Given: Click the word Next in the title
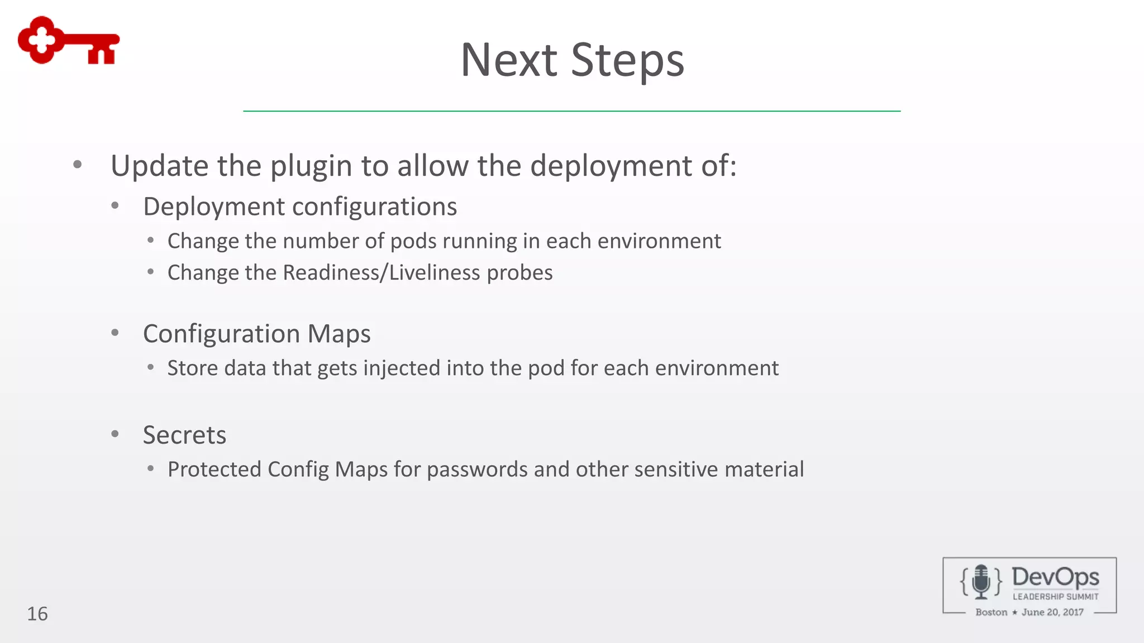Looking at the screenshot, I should tap(508, 60).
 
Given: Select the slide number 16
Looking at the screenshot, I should tap(37, 613).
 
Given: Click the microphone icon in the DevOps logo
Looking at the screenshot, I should tap(981, 582).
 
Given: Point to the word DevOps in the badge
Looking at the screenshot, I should tap(1055, 577).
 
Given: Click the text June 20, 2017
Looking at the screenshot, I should tap(1052, 612).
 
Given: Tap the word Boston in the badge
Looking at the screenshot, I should tap(992, 612).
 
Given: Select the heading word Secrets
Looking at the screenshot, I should tap(184, 435).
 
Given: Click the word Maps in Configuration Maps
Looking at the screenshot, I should tap(339, 334).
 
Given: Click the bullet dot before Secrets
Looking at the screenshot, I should tap(115, 434).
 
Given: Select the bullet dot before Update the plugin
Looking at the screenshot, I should tap(78, 165).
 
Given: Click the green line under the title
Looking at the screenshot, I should tap(571, 111).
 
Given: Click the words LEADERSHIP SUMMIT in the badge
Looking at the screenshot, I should tap(1056, 597).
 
